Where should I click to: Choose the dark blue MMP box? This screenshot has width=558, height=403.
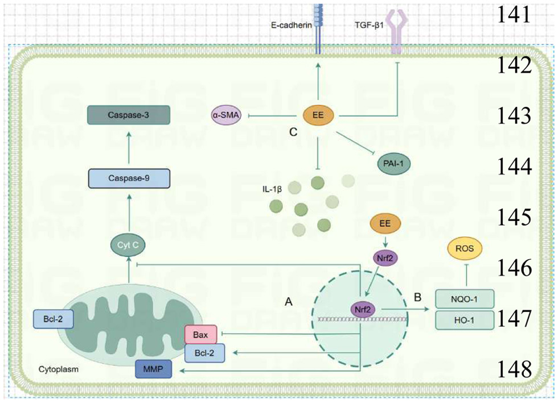(x=154, y=371)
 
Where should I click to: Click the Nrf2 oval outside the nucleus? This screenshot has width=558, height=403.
(x=385, y=257)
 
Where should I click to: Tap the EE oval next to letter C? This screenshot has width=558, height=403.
(x=318, y=116)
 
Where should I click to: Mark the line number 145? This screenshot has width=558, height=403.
(x=515, y=217)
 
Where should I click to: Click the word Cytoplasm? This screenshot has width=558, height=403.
(x=59, y=369)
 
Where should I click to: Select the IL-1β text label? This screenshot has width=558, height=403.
(x=272, y=187)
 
